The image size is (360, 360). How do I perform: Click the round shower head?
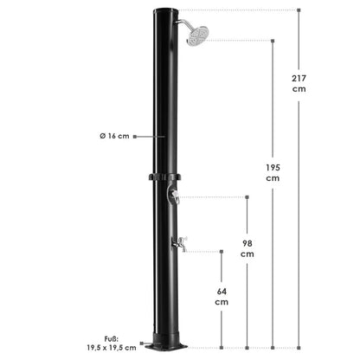point(197,35)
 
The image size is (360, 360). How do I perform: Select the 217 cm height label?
point(299,84)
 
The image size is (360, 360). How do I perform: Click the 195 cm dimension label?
point(273,172)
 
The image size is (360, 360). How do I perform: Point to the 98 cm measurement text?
point(247,247)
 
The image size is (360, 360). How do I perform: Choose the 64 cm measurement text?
point(222,296)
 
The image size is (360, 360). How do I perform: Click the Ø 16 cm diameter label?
point(114,137)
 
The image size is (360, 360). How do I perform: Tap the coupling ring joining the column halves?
point(166,178)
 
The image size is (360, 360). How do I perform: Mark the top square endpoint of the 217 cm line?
point(299,10)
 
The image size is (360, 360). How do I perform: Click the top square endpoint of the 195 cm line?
point(273,39)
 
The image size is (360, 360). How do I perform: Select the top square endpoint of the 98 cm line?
point(247,196)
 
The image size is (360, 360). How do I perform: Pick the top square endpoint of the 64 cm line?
point(222,252)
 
